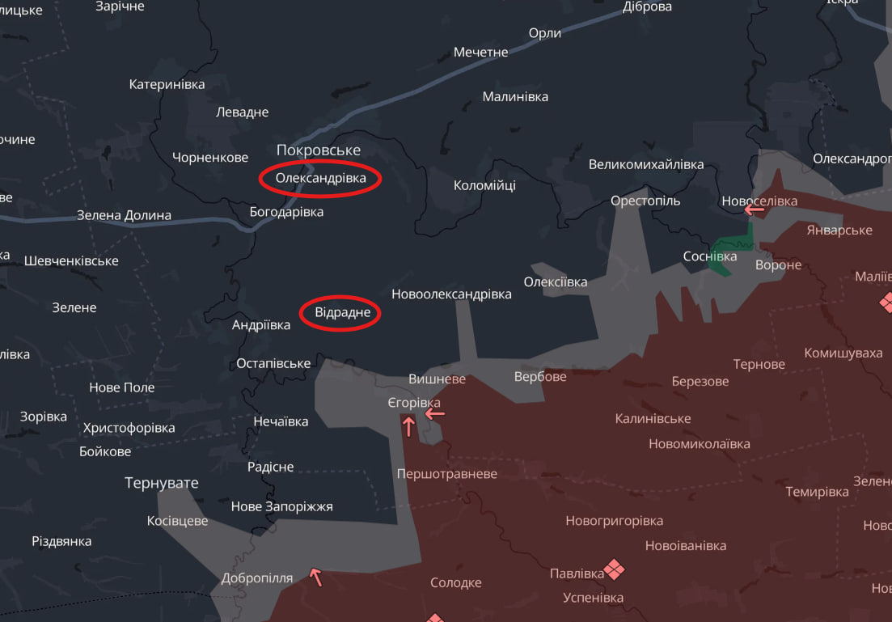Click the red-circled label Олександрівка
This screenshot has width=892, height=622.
click(320, 178)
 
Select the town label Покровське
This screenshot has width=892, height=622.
click(318, 150)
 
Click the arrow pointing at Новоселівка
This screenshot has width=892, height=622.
click(755, 209)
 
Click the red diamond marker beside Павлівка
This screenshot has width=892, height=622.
click(615, 569)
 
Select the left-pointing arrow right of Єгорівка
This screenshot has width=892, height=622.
click(435, 413)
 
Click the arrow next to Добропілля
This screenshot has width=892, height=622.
click(316, 577)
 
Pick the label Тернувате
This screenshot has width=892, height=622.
click(162, 483)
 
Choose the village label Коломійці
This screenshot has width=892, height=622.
click(484, 185)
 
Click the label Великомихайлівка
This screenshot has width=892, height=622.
click(645, 164)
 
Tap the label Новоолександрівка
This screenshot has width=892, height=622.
click(451, 294)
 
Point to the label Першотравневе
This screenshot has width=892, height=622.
click(447, 474)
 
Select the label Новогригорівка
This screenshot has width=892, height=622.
click(614, 521)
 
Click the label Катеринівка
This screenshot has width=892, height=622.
click(167, 84)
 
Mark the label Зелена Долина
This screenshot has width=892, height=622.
click(124, 215)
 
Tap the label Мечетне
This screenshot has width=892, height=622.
click(480, 52)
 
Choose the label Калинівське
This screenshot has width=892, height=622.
click(653, 419)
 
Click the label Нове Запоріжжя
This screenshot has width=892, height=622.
click(281, 506)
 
